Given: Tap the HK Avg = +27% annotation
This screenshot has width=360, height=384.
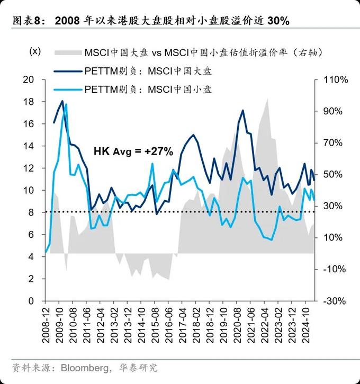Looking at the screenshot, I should click(x=133, y=151).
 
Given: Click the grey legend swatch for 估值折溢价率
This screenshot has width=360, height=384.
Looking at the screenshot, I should click(x=68, y=52).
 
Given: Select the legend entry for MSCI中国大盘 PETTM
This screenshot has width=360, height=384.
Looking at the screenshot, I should click(x=148, y=71).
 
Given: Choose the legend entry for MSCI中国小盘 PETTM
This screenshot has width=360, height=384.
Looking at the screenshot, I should click(x=148, y=89).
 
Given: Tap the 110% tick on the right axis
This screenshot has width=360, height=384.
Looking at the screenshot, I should click(x=334, y=80).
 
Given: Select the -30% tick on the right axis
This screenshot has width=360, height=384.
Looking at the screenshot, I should click(x=334, y=301).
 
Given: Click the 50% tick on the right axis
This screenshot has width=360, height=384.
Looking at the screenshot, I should click(x=334, y=175).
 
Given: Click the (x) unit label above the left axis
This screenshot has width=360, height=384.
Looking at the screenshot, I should click(x=34, y=51).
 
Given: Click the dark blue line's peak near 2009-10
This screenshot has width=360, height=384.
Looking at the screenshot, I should click(x=62, y=101).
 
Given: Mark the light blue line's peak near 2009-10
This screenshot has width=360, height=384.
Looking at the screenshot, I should click(x=66, y=104).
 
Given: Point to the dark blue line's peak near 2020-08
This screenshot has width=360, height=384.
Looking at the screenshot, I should click(x=242, y=110).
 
